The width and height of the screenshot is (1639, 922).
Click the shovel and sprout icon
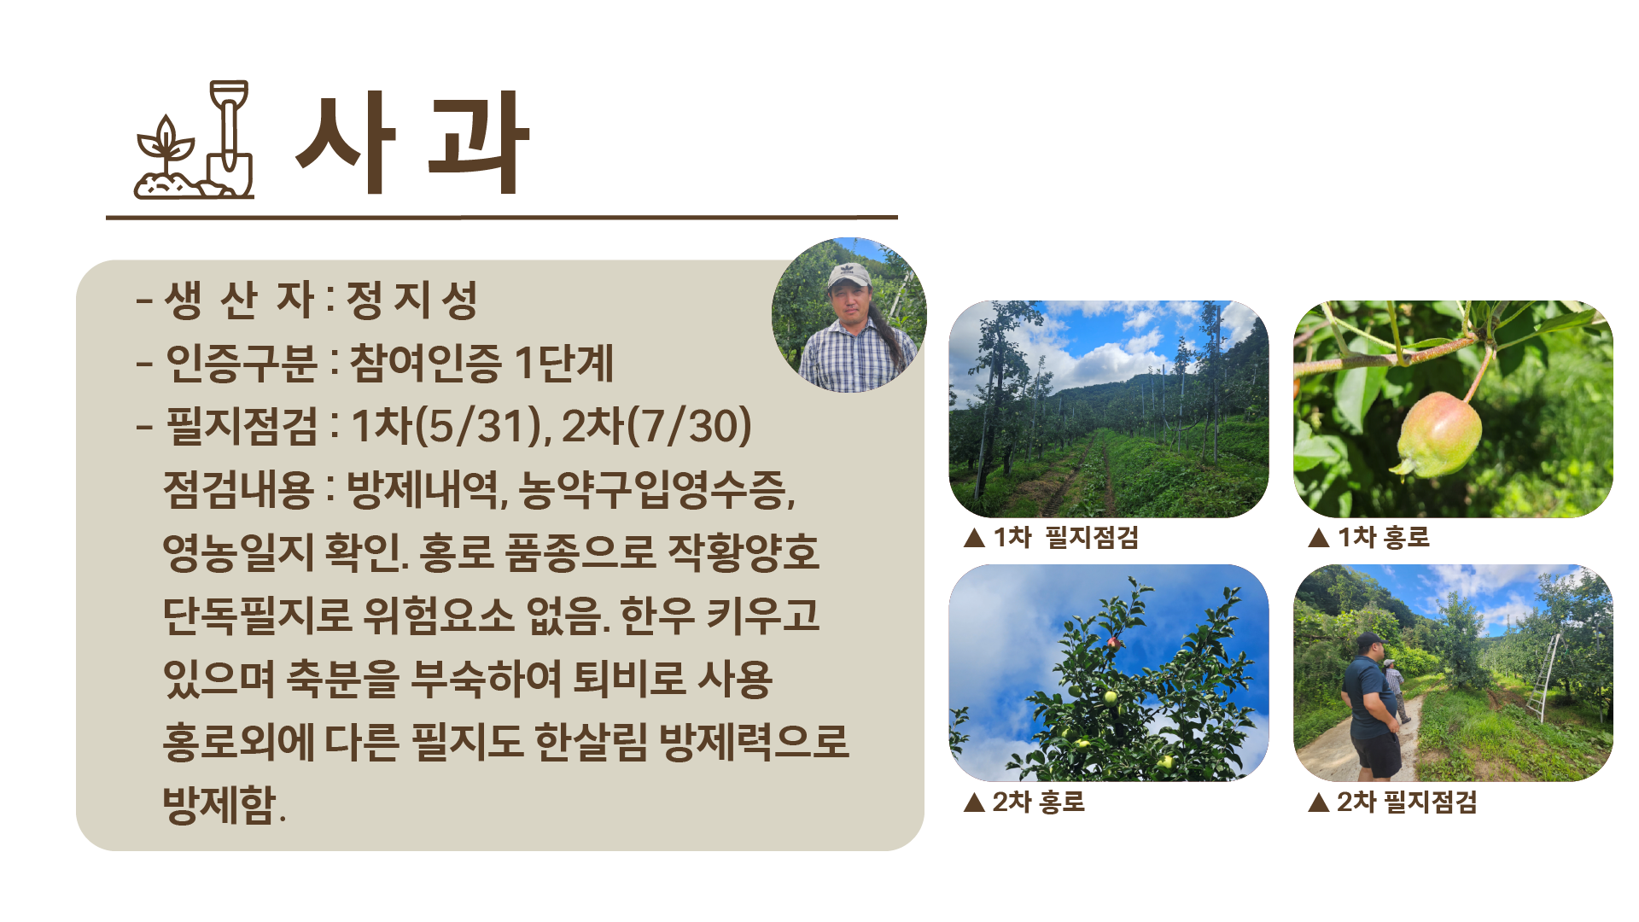(194, 140)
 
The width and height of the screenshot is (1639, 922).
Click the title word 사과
(412, 143)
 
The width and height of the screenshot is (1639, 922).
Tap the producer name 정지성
(411, 300)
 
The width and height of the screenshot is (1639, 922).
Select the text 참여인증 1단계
(481, 362)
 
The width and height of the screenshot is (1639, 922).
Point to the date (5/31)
(477, 425)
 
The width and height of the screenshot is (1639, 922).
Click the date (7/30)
(689, 425)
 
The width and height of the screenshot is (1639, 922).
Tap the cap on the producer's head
(849, 275)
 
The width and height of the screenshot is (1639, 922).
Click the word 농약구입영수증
(656, 488)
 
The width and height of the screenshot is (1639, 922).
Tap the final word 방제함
(224, 804)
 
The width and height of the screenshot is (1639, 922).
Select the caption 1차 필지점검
(1065, 537)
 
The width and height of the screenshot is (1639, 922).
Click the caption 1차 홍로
(1383, 537)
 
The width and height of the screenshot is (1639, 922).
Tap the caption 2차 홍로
(1038, 802)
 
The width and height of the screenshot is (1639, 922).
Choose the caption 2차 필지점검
(1406, 802)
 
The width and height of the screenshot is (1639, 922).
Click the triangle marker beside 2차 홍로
(974, 802)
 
